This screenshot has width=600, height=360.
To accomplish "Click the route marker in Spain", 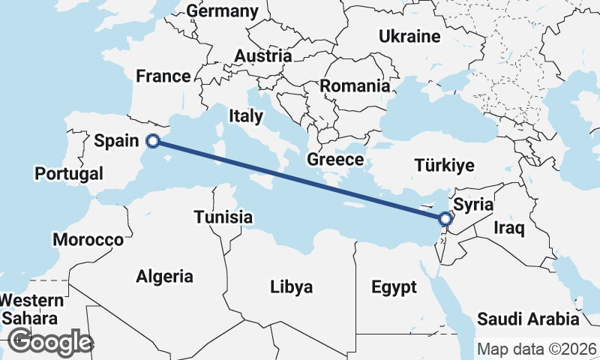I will [x=153, y=140].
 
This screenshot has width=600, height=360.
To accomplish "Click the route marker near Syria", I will [x=445, y=219].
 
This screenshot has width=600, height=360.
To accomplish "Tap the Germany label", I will [x=222, y=11].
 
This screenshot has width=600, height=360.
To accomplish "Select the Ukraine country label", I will [x=409, y=36].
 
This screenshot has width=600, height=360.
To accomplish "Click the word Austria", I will [x=262, y=56].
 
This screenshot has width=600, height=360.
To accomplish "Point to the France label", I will [x=163, y=76].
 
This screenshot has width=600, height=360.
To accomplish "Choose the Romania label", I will [x=355, y=85].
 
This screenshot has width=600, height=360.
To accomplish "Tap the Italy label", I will [x=246, y=115].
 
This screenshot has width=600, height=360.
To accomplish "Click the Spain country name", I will [x=116, y=140].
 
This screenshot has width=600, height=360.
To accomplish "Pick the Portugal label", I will [x=69, y=174].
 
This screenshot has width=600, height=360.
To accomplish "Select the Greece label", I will [x=335, y=160].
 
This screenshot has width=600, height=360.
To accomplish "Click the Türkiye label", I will [x=445, y=166].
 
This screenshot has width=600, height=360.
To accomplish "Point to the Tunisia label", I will [x=223, y=217].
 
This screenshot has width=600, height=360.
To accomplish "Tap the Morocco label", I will [x=88, y=240].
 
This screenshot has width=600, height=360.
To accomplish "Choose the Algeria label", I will [x=164, y=276].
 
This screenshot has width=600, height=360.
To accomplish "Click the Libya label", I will [x=292, y=287].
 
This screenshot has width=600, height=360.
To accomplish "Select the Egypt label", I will [x=393, y=287].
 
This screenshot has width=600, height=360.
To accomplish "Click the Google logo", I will [x=50, y=342].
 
